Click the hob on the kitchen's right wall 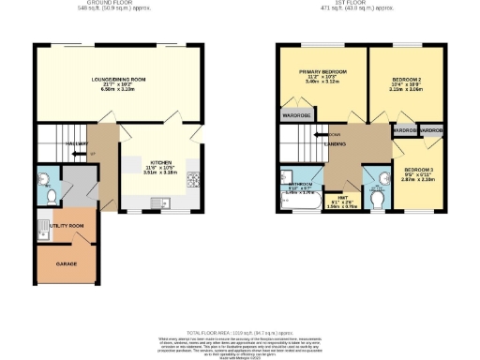point(194,181)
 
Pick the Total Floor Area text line point(239,332)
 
